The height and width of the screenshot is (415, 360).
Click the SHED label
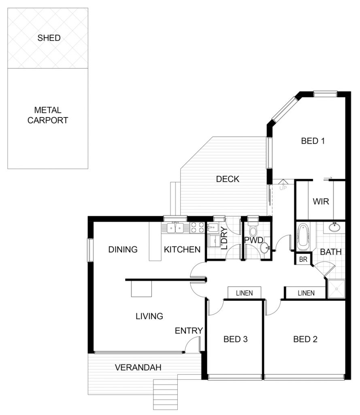[49, 38]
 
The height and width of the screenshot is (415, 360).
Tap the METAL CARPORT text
[48, 115]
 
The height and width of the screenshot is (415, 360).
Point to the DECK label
[228, 179]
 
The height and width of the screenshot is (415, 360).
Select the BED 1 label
[313, 141]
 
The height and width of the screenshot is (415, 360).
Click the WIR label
[321, 201]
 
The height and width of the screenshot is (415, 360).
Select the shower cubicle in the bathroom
[336, 289]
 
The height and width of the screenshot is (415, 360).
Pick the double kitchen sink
[175, 228]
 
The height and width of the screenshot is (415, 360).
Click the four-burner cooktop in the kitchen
[197, 228]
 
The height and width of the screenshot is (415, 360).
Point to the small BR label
[303, 259]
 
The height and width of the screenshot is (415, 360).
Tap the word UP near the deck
[283, 188]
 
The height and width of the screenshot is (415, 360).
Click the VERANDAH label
[138, 367]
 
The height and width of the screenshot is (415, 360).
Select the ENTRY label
[189, 331]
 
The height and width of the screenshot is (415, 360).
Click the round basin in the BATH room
[335, 227]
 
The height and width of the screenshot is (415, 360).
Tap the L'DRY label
[224, 238]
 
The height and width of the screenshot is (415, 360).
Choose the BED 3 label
[235, 339]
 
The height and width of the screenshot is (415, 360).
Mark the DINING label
[123, 249]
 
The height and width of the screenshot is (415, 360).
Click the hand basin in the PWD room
[265, 248]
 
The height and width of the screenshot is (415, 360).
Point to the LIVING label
[149, 316]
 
